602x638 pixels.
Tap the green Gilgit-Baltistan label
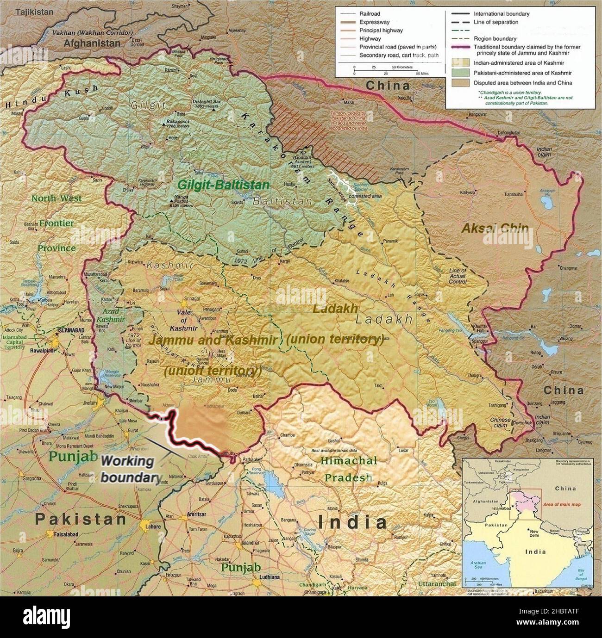click(223, 185)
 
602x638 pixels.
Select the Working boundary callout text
click(130, 469)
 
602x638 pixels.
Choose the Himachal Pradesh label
click(349, 469)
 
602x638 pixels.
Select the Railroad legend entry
click(370, 14)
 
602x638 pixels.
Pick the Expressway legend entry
click(374, 22)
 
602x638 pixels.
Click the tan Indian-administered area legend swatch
click(459, 62)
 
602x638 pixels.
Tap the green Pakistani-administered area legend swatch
click(459, 73)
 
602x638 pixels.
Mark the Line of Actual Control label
click(458, 276)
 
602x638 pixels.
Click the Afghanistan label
click(92, 43)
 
